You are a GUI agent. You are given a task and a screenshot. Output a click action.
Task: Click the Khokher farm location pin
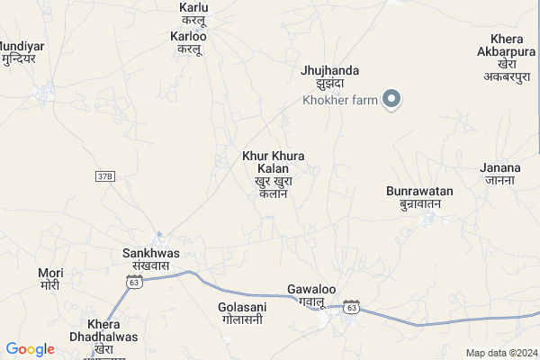point(391,98)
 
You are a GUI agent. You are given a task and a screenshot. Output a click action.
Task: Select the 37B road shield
point(105,176)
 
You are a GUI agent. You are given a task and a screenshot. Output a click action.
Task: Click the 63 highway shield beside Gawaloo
point(351,308)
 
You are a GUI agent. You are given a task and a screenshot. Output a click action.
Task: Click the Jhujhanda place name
point(330,70)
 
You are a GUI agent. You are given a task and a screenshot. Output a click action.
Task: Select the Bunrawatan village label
point(419,192)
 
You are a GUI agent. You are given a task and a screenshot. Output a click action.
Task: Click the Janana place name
point(501,167)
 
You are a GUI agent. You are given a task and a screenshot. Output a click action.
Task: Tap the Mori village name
point(50,272)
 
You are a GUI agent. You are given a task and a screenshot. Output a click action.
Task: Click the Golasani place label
point(240,307)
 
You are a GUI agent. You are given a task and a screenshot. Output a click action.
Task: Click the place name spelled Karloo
point(188,37)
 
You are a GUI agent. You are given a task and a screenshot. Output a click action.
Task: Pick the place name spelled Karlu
point(194,8)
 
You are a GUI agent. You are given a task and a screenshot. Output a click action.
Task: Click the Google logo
point(30,349)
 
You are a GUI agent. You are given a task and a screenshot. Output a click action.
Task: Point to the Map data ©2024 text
point(501,353)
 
